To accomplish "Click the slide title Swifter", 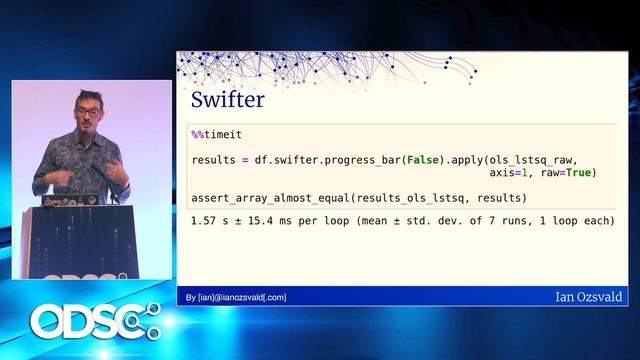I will point(228,101).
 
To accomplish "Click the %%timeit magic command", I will point(217,134).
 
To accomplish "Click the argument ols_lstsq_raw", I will point(532,160).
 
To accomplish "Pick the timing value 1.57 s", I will point(212,220).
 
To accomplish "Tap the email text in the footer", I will point(236,297).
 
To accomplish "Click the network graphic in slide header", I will point(330,69).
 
